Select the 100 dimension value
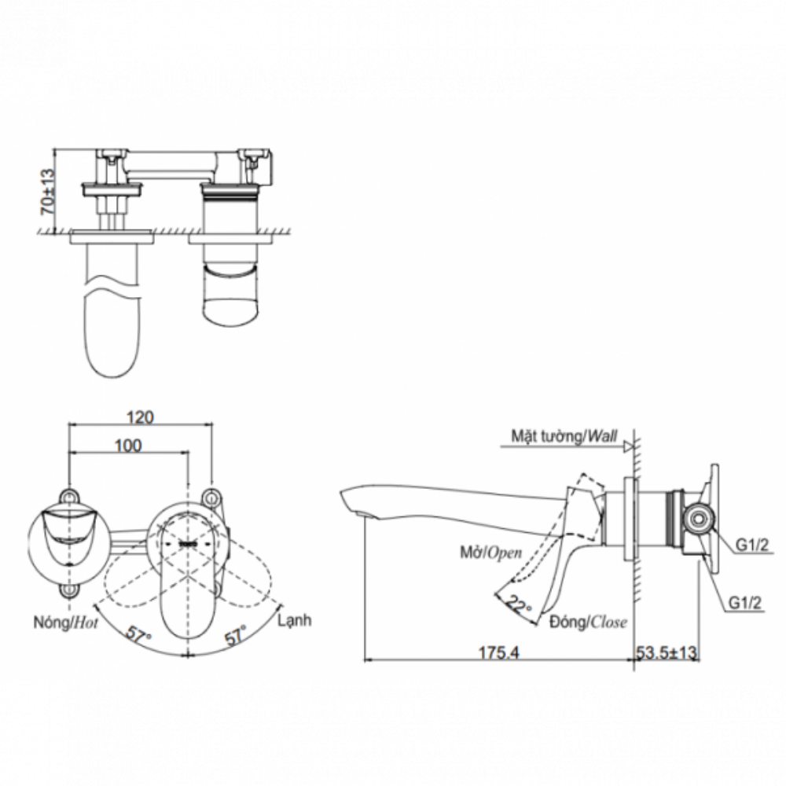(x=127, y=446)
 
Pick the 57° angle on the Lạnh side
(x=236, y=633)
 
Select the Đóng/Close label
(x=589, y=623)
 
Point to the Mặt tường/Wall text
(x=562, y=435)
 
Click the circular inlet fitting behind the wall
(x=695, y=519)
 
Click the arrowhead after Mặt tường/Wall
(x=628, y=447)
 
